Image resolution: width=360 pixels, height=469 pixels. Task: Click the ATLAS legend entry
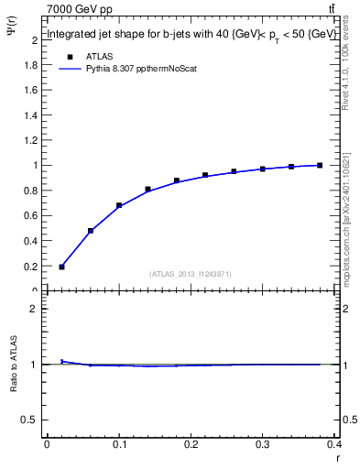99,56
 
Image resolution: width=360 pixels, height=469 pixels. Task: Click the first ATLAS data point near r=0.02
61,267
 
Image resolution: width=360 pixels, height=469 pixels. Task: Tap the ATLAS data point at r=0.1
119,205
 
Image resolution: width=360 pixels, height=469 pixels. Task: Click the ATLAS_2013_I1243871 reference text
190,274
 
